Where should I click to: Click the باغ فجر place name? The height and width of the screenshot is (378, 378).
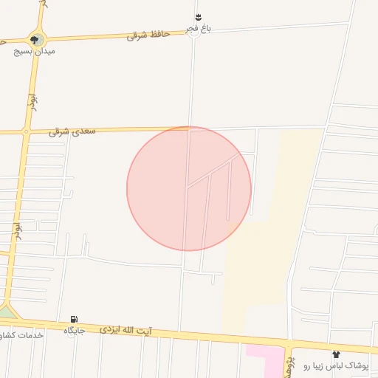pos(198,28)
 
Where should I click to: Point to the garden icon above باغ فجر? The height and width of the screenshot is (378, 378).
pos(198,17)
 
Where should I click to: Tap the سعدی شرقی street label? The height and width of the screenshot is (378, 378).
pos(69,131)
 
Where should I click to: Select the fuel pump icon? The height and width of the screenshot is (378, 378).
pos(74,319)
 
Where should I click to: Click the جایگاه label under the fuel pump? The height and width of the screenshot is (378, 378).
pos(74,330)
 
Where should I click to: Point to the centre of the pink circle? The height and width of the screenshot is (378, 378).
pos(189,188)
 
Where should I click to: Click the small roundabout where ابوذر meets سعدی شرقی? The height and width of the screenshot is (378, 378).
pos(27,132)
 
